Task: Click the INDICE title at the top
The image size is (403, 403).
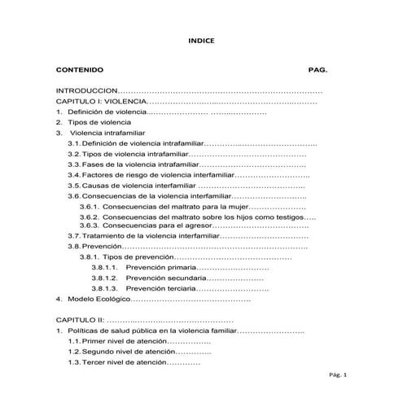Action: [x=201, y=39]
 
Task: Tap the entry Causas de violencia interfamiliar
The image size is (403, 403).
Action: [x=138, y=186]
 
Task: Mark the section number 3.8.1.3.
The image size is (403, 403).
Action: [x=105, y=288]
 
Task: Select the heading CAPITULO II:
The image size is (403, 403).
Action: [x=82, y=321]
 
